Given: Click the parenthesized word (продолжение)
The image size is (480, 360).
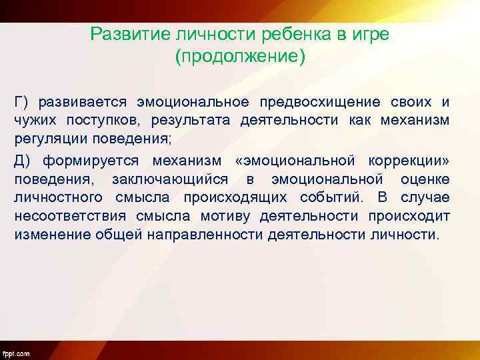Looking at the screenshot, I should coord(240,56).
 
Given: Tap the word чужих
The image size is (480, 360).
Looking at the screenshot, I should coord(37,121).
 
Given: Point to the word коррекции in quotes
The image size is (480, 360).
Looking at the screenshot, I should coord(406,161).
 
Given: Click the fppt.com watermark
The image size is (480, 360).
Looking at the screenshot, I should coord(16,353).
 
